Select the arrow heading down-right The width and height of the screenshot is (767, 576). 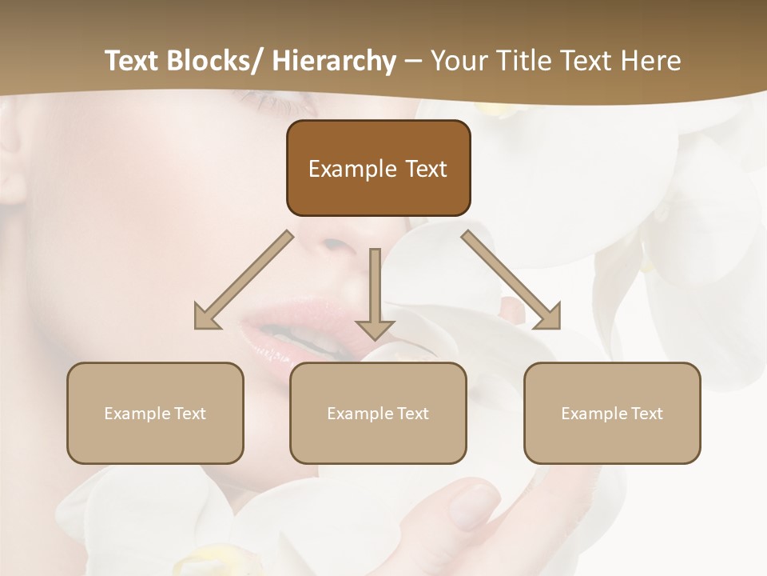tap(511, 281)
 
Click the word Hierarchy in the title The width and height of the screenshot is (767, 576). tap(334, 61)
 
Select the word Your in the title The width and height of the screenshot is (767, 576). tap(458, 61)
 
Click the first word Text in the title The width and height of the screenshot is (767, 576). tap(133, 61)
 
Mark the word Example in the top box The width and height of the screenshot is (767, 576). tap(352, 169)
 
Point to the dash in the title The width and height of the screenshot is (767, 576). tap(413, 61)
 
